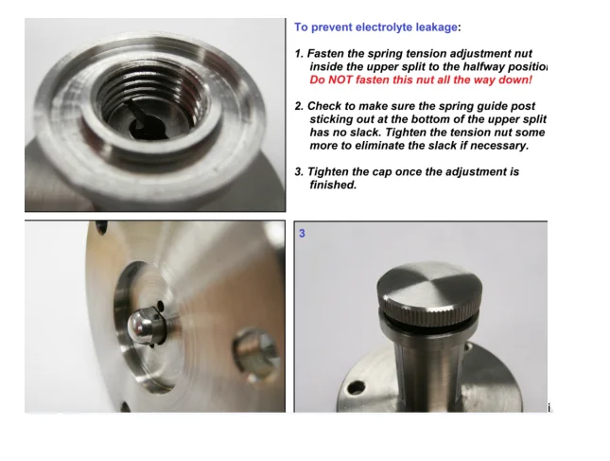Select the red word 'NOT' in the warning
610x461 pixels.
tap(340, 80)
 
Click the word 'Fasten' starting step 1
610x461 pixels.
tap(324, 53)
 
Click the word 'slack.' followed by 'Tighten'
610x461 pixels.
tap(366, 133)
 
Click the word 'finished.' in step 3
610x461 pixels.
tap(333, 185)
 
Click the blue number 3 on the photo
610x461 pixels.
tap(302, 233)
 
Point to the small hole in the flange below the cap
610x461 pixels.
tap(357, 388)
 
